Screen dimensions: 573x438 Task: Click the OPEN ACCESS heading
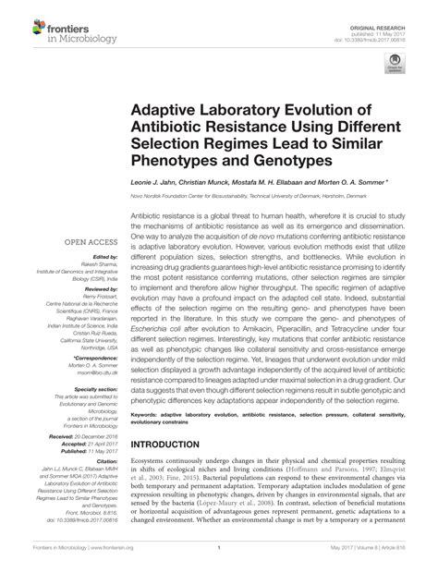[89, 242]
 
